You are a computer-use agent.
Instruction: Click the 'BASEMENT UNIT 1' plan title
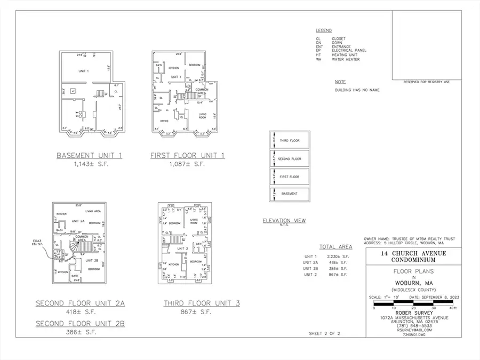[90, 155]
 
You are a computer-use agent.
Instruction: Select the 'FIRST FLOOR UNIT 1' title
[187, 155]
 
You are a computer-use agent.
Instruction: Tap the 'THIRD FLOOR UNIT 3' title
[202, 303]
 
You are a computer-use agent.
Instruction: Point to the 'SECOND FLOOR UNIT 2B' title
[80, 324]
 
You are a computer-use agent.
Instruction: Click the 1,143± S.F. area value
[90, 164]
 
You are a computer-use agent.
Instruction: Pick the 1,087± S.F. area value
[187, 164]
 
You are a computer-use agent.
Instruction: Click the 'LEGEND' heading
[323, 31]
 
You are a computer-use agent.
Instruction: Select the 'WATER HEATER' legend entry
[346, 60]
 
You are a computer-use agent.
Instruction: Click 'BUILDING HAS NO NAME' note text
[357, 90]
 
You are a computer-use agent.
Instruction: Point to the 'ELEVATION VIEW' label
[284, 220]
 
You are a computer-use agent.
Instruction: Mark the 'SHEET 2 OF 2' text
[324, 333]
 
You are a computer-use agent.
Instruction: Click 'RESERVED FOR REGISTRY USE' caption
[427, 82]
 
